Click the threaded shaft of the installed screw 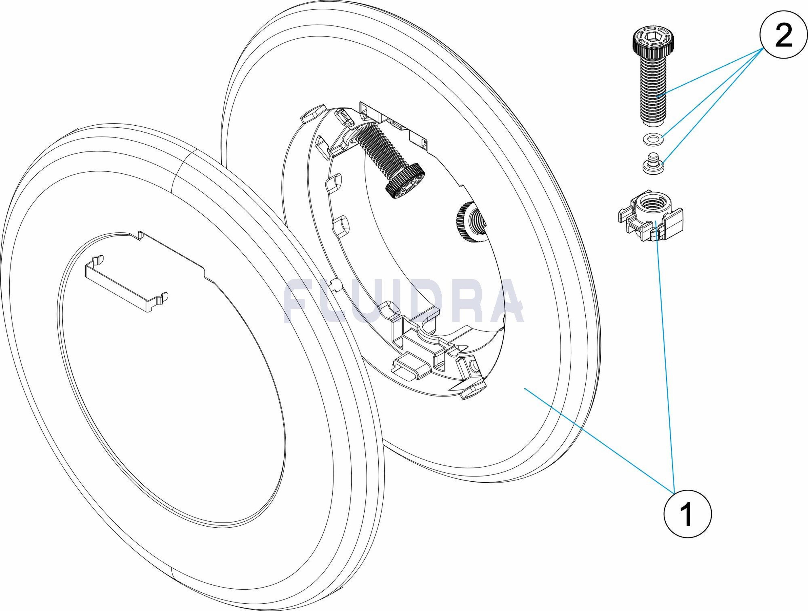point(380,150)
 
